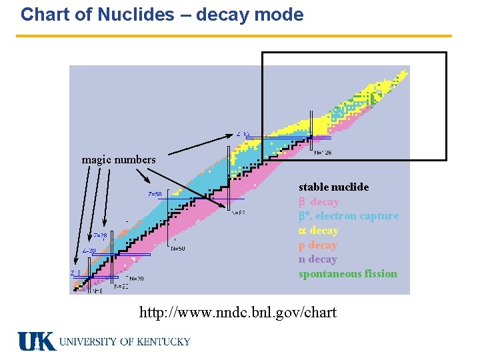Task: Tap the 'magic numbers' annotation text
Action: (x=118, y=159)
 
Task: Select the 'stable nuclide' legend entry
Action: (x=333, y=187)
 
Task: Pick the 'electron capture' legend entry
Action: (x=357, y=216)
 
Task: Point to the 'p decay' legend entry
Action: (x=318, y=245)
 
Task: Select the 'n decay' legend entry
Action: (x=318, y=259)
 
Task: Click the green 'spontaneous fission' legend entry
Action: (x=348, y=274)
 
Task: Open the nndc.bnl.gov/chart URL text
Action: (x=237, y=312)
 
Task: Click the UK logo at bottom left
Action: (x=36, y=341)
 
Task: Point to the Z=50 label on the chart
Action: (x=155, y=194)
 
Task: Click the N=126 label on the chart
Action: (x=323, y=153)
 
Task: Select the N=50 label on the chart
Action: (x=178, y=249)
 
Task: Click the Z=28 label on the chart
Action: (x=100, y=235)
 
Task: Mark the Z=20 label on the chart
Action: (x=89, y=251)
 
